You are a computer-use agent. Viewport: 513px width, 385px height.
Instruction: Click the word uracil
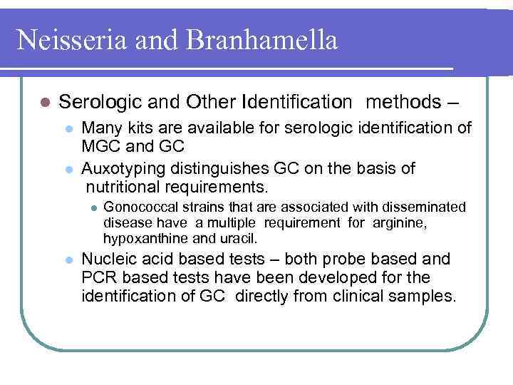[240, 237]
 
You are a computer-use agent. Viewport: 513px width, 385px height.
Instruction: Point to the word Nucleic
[108, 259]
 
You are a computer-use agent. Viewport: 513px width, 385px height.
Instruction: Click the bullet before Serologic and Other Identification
[44, 103]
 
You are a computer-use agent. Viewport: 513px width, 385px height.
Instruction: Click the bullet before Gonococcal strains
[90, 208]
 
